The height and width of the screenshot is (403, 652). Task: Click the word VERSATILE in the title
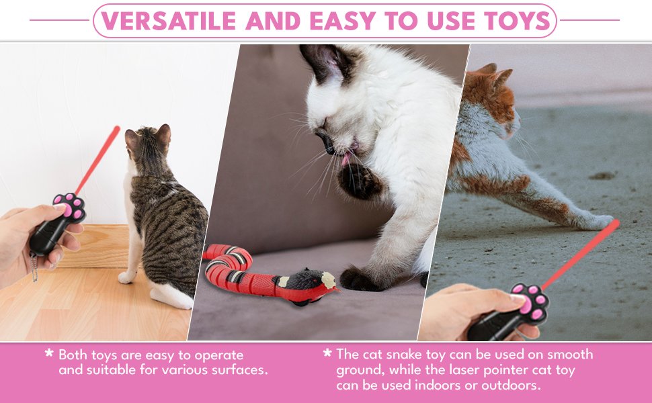(169, 20)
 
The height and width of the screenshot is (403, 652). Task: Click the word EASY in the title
(343, 20)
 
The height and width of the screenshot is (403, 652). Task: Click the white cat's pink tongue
(346, 159)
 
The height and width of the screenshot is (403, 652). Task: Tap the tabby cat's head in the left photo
(148, 143)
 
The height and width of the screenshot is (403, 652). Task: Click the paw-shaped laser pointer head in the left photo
(70, 208)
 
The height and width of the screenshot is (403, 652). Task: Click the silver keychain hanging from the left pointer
(34, 266)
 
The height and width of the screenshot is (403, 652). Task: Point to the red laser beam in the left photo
(97, 159)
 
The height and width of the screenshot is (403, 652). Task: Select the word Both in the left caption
(73, 355)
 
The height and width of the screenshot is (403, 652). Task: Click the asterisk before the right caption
(327, 353)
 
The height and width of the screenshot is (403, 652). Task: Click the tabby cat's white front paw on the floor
(126, 277)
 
